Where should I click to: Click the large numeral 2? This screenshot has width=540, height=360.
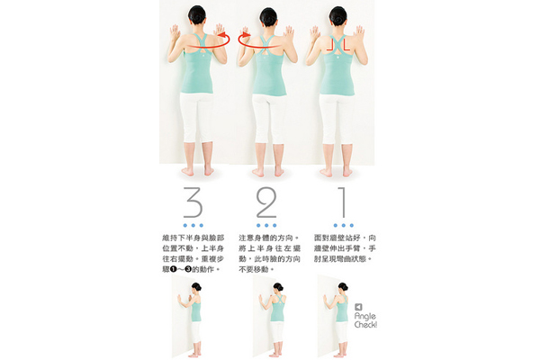click(x=266, y=203)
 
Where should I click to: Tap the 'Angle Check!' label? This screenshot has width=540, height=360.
click(x=365, y=316)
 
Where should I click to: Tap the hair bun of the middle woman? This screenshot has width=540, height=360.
click(x=268, y=12)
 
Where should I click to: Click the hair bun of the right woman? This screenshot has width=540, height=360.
click(x=338, y=12)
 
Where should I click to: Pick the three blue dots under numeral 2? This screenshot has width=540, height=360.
click(x=266, y=224)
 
